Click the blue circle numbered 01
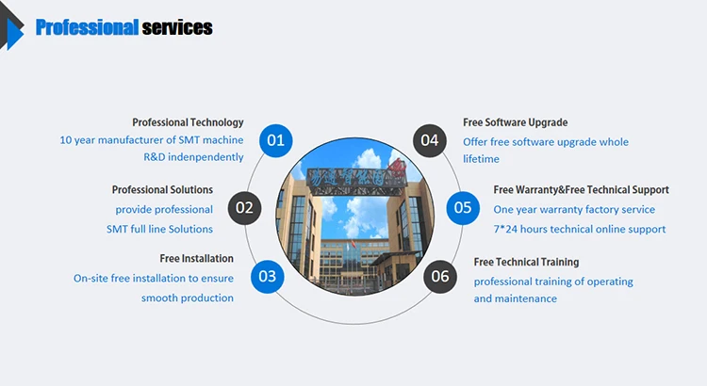coord(275,140)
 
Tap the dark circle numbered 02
coord(245,207)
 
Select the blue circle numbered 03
coord(268,276)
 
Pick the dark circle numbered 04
coord(430,140)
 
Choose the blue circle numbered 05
coord(462,207)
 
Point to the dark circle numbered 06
coord(440,276)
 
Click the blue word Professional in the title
coord(87,28)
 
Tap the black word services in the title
coord(176,28)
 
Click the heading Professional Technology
coord(188,122)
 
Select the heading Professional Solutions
coord(162,190)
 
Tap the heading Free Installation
coord(196,258)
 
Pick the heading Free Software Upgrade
coord(515,122)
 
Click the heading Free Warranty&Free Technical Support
coord(581,190)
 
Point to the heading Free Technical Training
coord(526,262)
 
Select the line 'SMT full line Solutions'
coord(159,229)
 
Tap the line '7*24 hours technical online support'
coord(579,229)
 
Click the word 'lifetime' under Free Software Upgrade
coord(481,159)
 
